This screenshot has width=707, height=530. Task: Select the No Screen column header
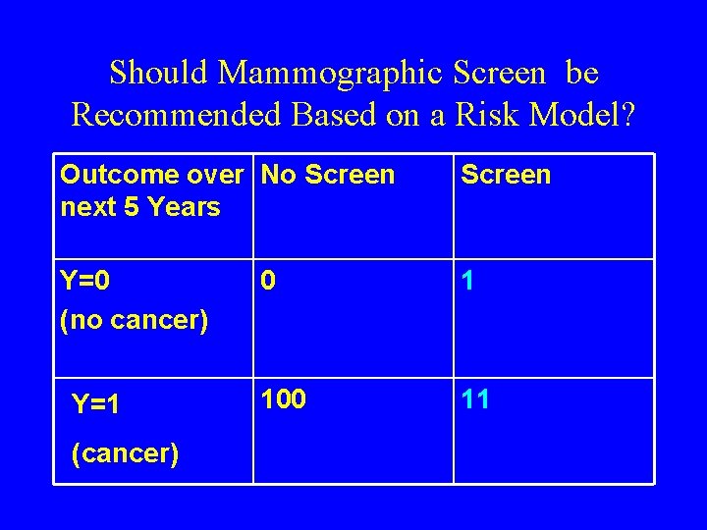pos(328,176)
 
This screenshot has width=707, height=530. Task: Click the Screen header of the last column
pos(506,176)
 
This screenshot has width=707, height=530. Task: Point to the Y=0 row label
pos(85,283)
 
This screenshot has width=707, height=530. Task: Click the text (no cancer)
pos(134,320)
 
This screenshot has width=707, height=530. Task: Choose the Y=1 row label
pos(96,404)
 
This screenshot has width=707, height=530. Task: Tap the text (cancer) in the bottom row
pos(126,455)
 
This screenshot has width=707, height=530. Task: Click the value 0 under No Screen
pos(269,283)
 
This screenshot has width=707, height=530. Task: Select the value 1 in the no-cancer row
pos(469,283)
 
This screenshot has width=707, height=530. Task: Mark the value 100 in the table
pos(284,399)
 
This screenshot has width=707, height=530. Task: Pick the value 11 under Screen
pos(475,399)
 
